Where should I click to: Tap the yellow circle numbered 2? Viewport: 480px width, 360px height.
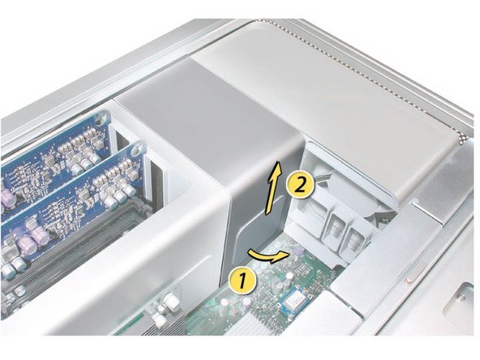[298, 185]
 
